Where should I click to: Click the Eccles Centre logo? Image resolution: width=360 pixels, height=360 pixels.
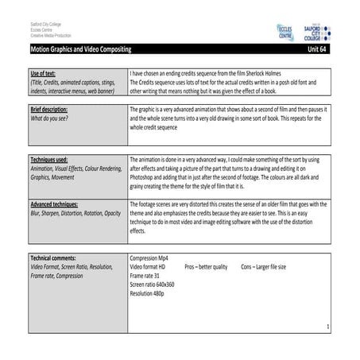click(x=285, y=33)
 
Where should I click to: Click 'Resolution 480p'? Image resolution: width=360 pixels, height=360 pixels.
click(x=151, y=293)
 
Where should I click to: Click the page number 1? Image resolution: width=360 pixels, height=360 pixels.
click(x=327, y=327)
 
